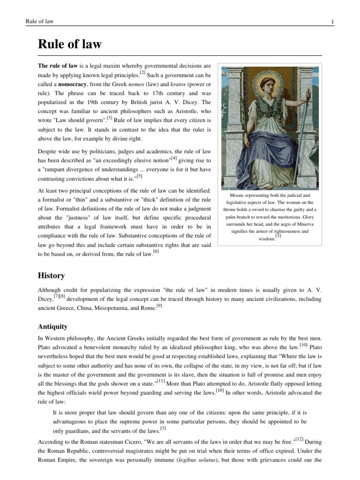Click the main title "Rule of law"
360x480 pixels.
(70, 45)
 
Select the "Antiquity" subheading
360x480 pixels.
(52, 326)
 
